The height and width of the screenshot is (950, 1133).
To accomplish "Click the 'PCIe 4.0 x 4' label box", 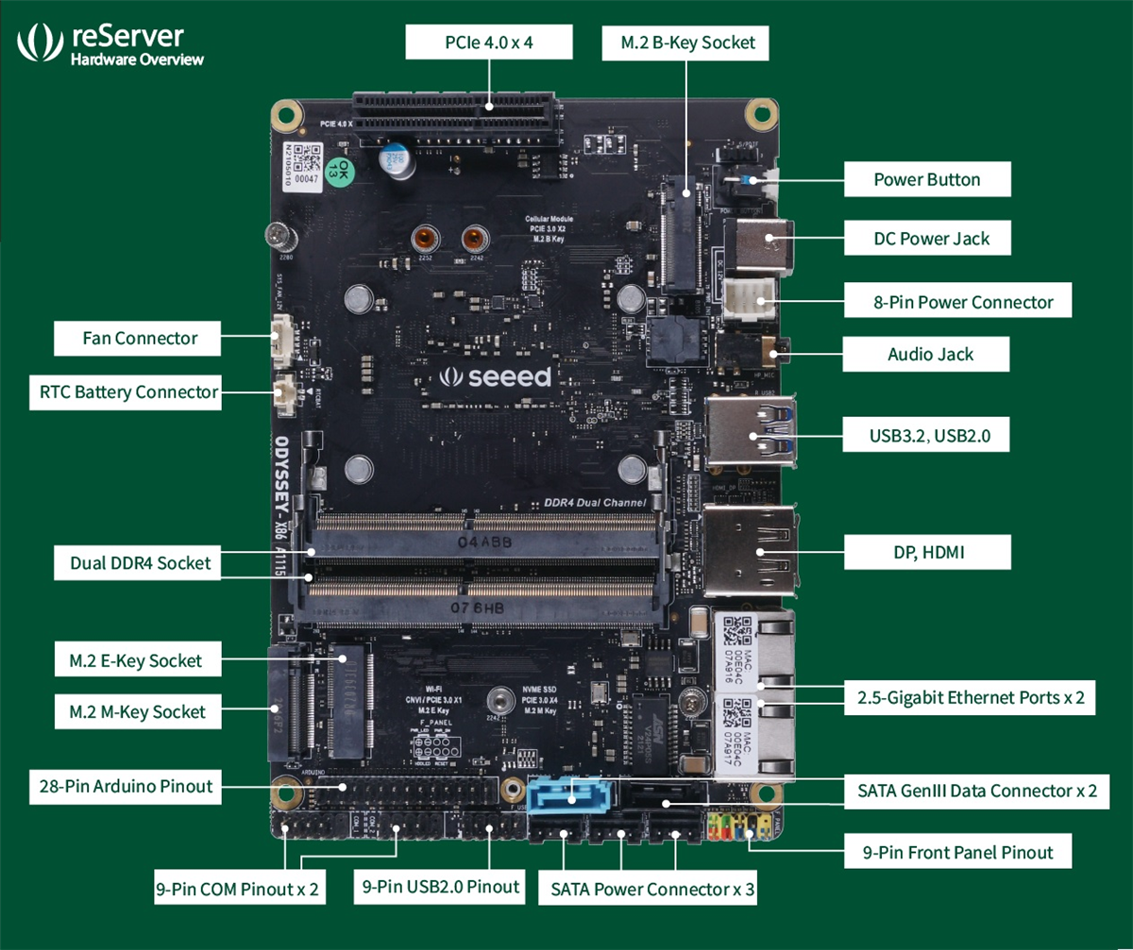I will pyautogui.click(x=489, y=42).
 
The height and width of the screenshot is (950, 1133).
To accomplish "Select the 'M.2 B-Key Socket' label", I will pyautogui.click(x=687, y=42).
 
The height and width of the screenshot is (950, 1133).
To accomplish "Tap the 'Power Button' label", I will pyautogui.click(x=926, y=179).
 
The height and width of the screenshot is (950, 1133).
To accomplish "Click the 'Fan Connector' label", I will pyautogui.click(x=139, y=338).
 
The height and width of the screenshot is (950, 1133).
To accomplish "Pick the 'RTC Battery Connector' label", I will pyautogui.click(x=128, y=392).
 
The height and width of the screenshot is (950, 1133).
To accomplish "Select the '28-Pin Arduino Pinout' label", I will pyautogui.click(x=126, y=785).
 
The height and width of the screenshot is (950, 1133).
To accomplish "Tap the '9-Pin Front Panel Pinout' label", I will pyautogui.click(x=957, y=853).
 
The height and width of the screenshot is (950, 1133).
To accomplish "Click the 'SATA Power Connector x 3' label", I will pyautogui.click(x=653, y=889).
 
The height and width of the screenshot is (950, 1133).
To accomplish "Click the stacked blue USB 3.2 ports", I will pyautogui.click(x=755, y=431).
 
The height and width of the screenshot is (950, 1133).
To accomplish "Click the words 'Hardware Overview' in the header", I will pyautogui.click(x=137, y=60).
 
